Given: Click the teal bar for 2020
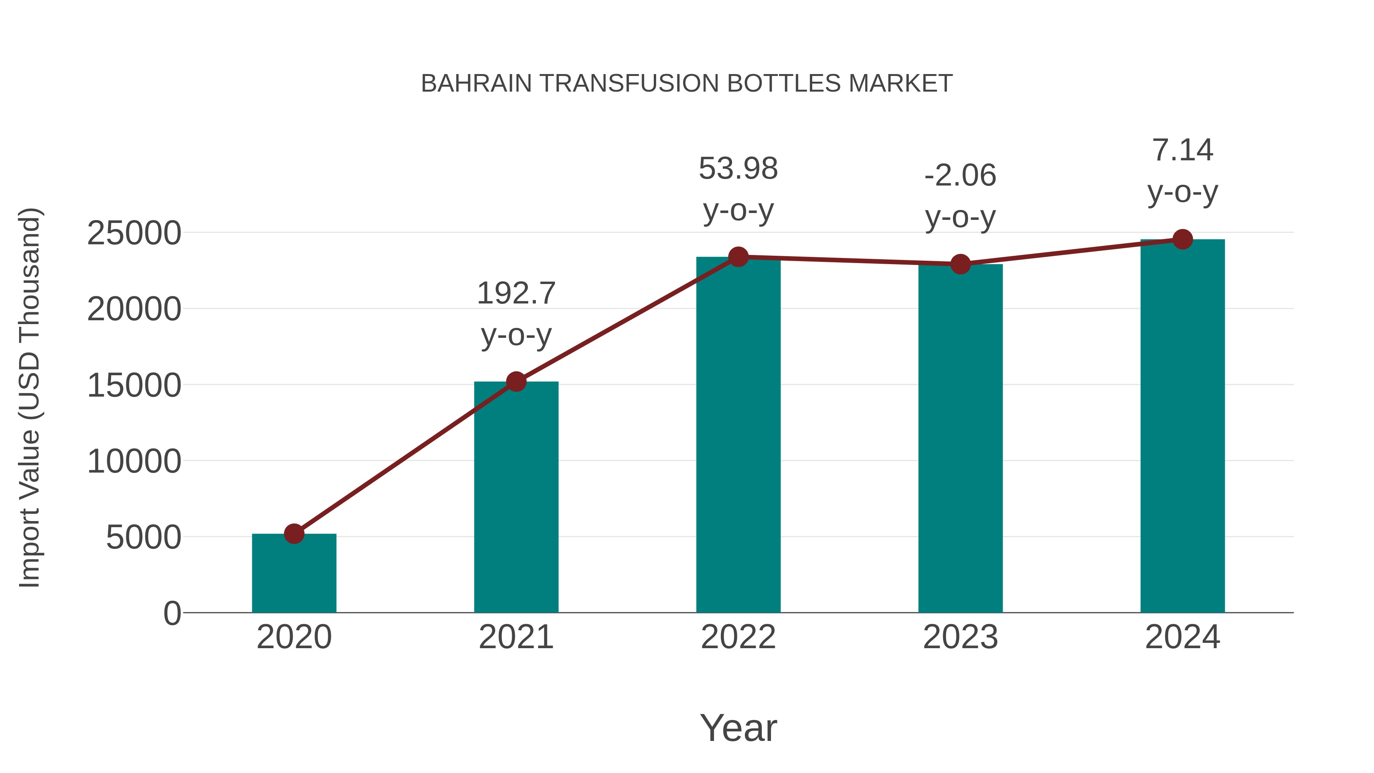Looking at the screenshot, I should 294,573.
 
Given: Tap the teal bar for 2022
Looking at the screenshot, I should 738,435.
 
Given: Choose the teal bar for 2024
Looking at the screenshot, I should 1182,426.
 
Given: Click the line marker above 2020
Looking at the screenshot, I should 294,534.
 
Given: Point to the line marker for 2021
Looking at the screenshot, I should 516,381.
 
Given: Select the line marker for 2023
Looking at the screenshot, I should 960,264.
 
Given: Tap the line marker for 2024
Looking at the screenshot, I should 1182,239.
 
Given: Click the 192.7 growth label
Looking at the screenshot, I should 516,294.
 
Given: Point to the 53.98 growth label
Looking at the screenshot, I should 738,169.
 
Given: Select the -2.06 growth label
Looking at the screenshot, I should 960,176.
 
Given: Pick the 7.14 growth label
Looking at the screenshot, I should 1182,150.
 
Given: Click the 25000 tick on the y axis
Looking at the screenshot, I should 134,233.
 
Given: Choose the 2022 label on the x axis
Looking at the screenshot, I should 738,637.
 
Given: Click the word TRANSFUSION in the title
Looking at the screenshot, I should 629,83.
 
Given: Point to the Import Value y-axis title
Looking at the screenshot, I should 30,397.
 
